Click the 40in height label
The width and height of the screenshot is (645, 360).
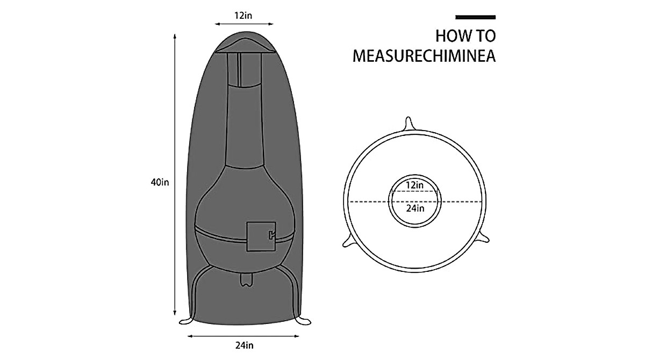[x=160, y=183]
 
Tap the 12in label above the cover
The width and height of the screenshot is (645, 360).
[x=243, y=15]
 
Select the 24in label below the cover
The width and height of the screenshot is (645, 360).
[x=243, y=345]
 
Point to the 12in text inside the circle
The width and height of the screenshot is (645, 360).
[x=414, y=185]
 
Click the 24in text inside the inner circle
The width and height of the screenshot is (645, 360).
[x=414, y=208]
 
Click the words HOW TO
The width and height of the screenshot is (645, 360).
[x=465, y=37]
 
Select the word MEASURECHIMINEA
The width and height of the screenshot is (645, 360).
[x=424, y=56]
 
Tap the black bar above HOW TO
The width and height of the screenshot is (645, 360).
[x=475, y=17]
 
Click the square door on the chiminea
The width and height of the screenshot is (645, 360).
[x=261, y=236]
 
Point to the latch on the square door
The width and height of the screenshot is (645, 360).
[x=271, y=234]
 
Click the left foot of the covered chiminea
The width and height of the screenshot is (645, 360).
[x=187, y=321]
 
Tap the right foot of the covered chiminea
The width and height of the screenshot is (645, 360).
[x=303, y=321]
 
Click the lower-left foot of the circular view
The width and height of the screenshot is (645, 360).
[x=349, y=241]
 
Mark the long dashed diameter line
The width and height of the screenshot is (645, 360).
[x=371, y=201]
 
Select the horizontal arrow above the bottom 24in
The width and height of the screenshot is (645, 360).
[x=243, y=336]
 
